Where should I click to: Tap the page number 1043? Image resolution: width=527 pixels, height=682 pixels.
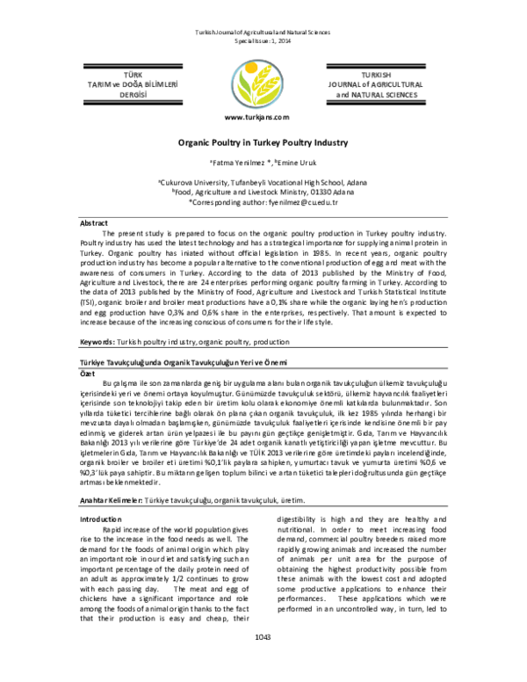(x=263, y=662)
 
